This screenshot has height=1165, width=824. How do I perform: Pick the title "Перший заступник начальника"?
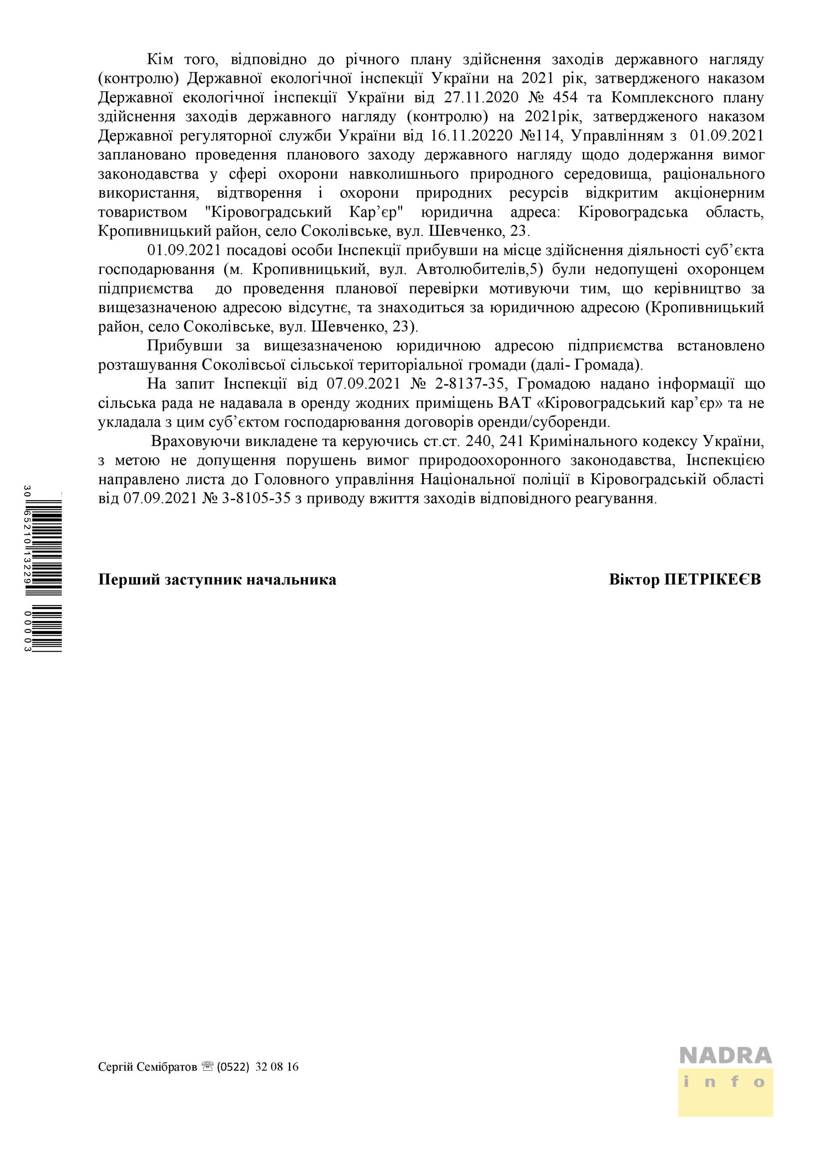pyautogui.click(x=217, y=580)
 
